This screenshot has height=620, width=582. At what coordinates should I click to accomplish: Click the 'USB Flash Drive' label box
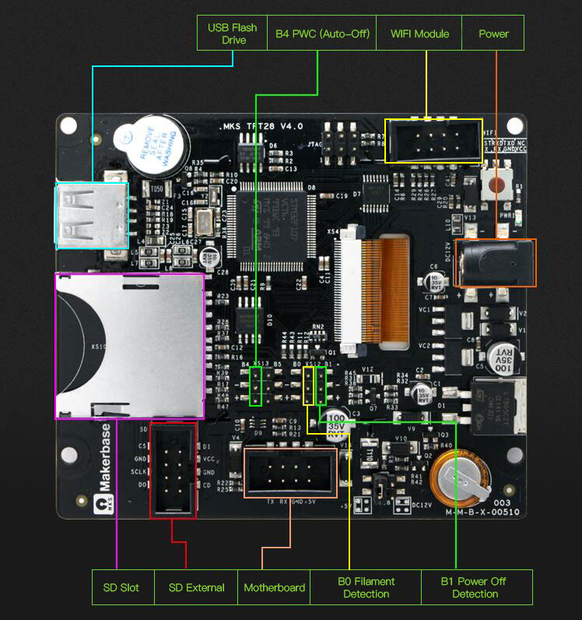point(232,33)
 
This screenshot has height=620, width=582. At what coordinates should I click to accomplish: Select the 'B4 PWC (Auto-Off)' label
point(322,33)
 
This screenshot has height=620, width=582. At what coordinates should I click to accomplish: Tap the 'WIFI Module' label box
point(420,33)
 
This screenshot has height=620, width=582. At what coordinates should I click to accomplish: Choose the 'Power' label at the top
point(493,33)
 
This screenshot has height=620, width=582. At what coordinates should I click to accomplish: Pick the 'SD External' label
point(196,587)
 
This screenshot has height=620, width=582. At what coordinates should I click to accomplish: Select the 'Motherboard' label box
point(274,587)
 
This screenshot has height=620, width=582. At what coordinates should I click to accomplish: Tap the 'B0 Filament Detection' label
point(366,587)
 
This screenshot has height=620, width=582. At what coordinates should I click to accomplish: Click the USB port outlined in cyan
point(92,216)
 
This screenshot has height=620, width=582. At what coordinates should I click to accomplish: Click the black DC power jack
point(496,262)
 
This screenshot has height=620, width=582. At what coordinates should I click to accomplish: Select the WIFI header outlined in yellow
point(433,141)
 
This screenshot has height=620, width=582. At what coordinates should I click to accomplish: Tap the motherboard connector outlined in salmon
point(290,472)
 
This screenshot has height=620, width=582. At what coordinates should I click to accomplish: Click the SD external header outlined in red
point(173,470)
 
